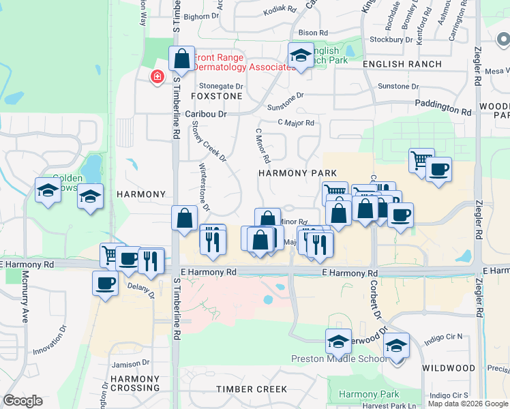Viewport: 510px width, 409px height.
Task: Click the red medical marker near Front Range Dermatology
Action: pyautogui.click(x=157, y=76)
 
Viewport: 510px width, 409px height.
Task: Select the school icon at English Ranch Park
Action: pyautogui.click(x=300, y=56)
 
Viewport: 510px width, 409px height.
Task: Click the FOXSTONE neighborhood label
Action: pyautogui.click(x=221, y=97)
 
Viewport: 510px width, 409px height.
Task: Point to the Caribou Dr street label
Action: pyautogui.click(x=206, y=114)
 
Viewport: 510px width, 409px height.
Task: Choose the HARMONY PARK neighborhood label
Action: pyautogui.click(x=298, y=173)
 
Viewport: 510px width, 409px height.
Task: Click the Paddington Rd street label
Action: pyautogui.click(x=444, y=107)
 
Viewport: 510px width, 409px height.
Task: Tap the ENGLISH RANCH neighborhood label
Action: pyautogui.click(x=402, y=64)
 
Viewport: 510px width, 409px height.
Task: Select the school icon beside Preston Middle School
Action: pyautogui.click(x=338, y=344)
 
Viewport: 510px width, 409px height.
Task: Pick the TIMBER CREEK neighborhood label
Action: pyautogui.click(x=252, y=389)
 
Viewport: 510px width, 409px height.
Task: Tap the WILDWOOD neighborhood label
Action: pyautogui.click(x=448, y=368)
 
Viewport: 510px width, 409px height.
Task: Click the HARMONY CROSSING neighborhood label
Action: pyautogui.click(x=135, y=383)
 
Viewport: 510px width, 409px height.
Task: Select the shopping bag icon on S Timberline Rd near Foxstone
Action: pyautogui.click(x=182, y=59)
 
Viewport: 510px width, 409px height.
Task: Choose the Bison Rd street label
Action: pyautogui.click(x=313, y=32)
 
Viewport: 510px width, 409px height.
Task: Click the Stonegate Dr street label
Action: pyautogui.click(x=221, y=86)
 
